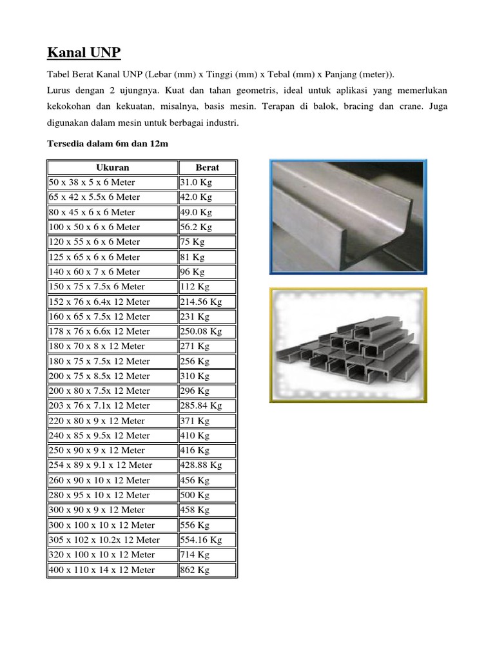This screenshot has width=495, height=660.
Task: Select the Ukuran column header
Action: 113,168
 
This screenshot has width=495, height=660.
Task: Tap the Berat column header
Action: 208,168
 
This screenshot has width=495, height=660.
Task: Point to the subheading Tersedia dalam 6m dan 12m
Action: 108,144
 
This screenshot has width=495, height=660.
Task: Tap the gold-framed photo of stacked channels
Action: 348,345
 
